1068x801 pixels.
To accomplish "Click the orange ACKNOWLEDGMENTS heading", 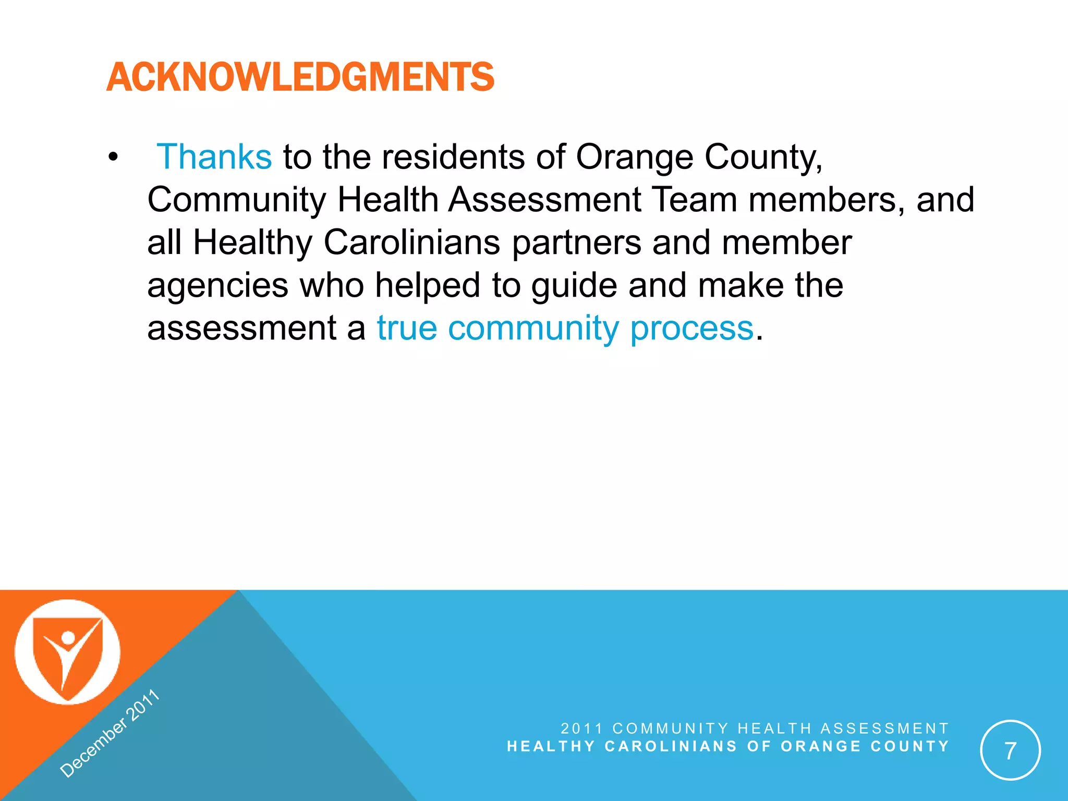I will click(x=300, y=77).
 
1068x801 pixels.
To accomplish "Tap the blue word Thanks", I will click(x=214, y=156).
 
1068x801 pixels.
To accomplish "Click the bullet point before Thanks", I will click(x=113, y=157).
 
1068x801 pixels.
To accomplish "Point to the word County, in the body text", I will click(x=763, y=157).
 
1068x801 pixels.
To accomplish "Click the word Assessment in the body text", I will click(x=544, y=200).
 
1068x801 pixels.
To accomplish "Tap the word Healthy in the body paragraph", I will click(x=252, y=243).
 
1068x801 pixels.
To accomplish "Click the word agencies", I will click(x=217, y=286).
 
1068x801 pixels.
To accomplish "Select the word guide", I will click(x=574, y=286).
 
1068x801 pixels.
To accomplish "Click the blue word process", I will click(x=691, y=329).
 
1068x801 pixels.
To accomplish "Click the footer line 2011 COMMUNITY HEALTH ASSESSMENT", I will click(x=755, y=728).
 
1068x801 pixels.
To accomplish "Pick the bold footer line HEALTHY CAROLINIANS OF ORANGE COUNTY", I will click(x=728, y=746).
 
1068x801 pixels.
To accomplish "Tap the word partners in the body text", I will click(x=576, y=243).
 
